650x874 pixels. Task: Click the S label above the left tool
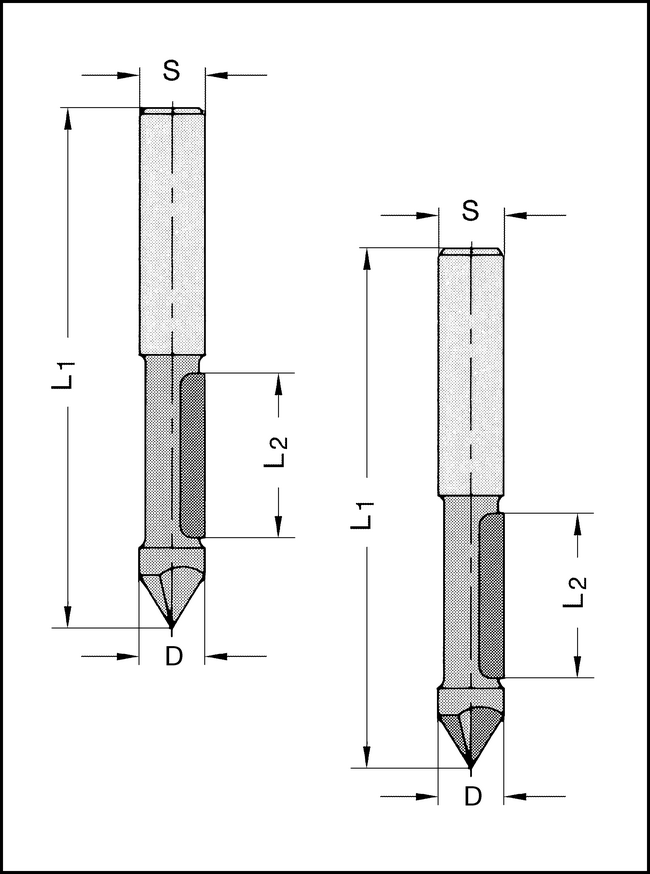point(171,71)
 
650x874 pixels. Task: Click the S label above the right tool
point(471,211)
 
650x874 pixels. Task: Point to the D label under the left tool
point(173,656)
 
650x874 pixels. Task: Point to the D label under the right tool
point(472,796)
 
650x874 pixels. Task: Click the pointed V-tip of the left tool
point(172,625)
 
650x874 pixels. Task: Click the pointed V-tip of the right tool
point(471,765)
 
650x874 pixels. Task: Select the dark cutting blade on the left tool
point(193,454)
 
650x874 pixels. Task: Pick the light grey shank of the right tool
point(471,370)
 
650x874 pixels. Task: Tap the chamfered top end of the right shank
point(471,251)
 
